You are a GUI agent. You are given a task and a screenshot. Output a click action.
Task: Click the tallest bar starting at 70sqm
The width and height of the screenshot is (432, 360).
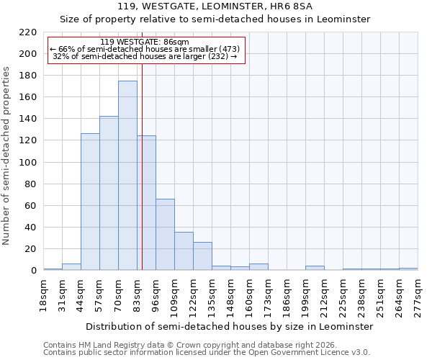[127, 176]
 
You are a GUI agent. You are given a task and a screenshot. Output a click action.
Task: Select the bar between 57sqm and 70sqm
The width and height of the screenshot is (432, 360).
[109, 193]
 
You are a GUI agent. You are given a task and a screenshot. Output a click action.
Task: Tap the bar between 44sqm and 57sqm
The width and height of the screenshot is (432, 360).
[90, 202]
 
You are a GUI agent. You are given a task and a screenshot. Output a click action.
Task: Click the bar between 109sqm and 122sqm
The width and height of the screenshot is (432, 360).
[184, 251]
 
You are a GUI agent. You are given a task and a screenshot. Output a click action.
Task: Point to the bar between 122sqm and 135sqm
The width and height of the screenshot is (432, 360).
[202, 256]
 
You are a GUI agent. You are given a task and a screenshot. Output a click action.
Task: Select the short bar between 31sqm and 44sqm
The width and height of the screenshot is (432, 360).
[71, 267]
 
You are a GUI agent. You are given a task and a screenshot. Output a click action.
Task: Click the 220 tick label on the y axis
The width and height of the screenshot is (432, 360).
[28, 32]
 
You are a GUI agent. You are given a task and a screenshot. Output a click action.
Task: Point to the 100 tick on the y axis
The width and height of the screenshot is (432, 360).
[28, 163]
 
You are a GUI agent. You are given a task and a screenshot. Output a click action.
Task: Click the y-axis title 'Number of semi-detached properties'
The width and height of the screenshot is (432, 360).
[7, 156]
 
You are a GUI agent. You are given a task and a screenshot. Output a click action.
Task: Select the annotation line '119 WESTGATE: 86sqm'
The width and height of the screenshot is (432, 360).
[145, 42]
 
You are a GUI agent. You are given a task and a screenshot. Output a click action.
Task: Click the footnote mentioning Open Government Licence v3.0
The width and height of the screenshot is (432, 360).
[206, 353]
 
